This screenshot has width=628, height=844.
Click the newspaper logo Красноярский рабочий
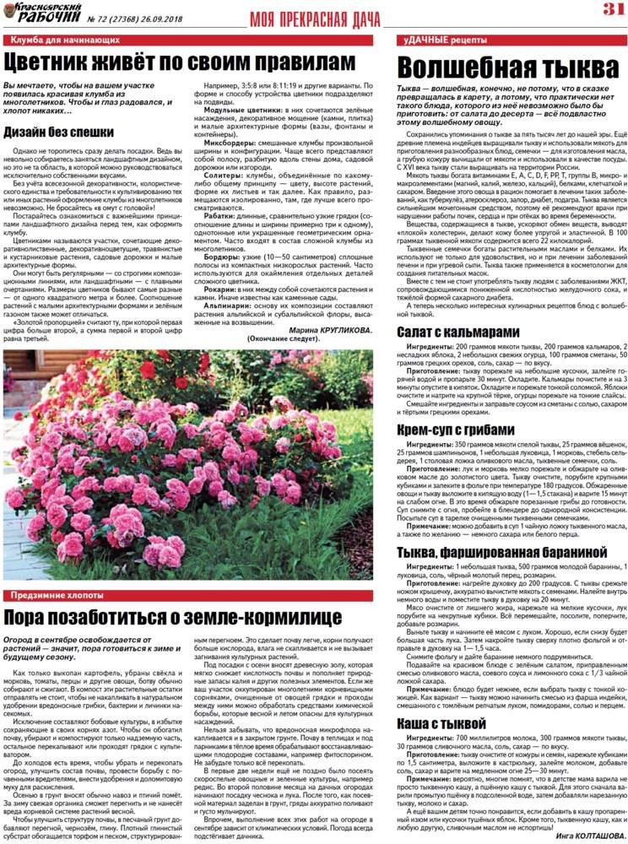[x=41, y=12]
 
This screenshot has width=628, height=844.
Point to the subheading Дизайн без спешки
[x=58, y=132]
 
